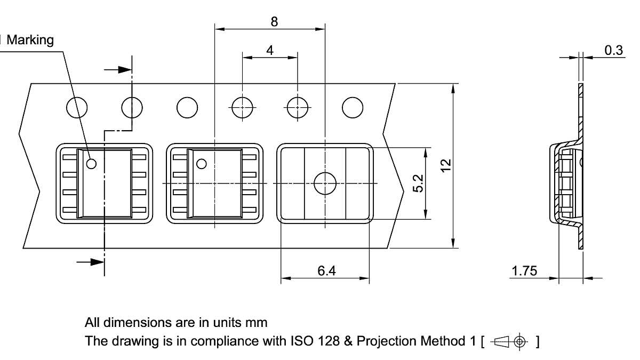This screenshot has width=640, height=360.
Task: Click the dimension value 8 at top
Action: (274, 21)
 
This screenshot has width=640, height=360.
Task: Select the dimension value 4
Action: (270, 51)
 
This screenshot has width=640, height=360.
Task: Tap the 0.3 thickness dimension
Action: (613, 50)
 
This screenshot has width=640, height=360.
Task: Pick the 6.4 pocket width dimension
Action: (326, 271)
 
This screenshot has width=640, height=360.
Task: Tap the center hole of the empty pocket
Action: (325, 183)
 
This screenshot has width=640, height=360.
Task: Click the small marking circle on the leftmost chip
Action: (91, 164)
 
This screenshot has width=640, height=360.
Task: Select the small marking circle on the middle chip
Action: (202, 164)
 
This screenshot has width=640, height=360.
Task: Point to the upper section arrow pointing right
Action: (118, 69)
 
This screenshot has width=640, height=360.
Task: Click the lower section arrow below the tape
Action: (90, 261)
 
